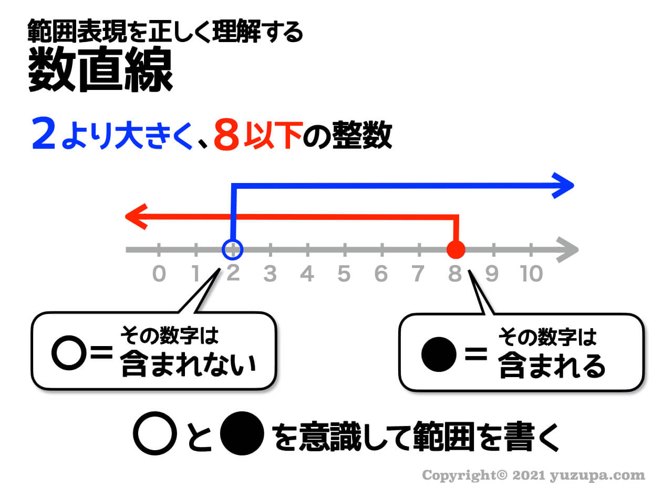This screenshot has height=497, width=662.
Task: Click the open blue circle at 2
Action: (232, 249)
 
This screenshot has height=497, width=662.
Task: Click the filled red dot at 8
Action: (456, 249)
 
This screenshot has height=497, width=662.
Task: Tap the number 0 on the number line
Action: (159, 274)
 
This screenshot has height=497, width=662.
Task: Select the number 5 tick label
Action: (344, 274)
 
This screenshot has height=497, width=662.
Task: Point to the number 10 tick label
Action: (531, 274)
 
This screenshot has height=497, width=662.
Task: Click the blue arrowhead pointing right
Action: (565, 185)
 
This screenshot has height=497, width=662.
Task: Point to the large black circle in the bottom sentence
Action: (241, 434)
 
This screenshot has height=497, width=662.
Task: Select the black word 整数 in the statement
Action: (362, 136)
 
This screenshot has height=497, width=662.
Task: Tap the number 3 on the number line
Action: (270, 274)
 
